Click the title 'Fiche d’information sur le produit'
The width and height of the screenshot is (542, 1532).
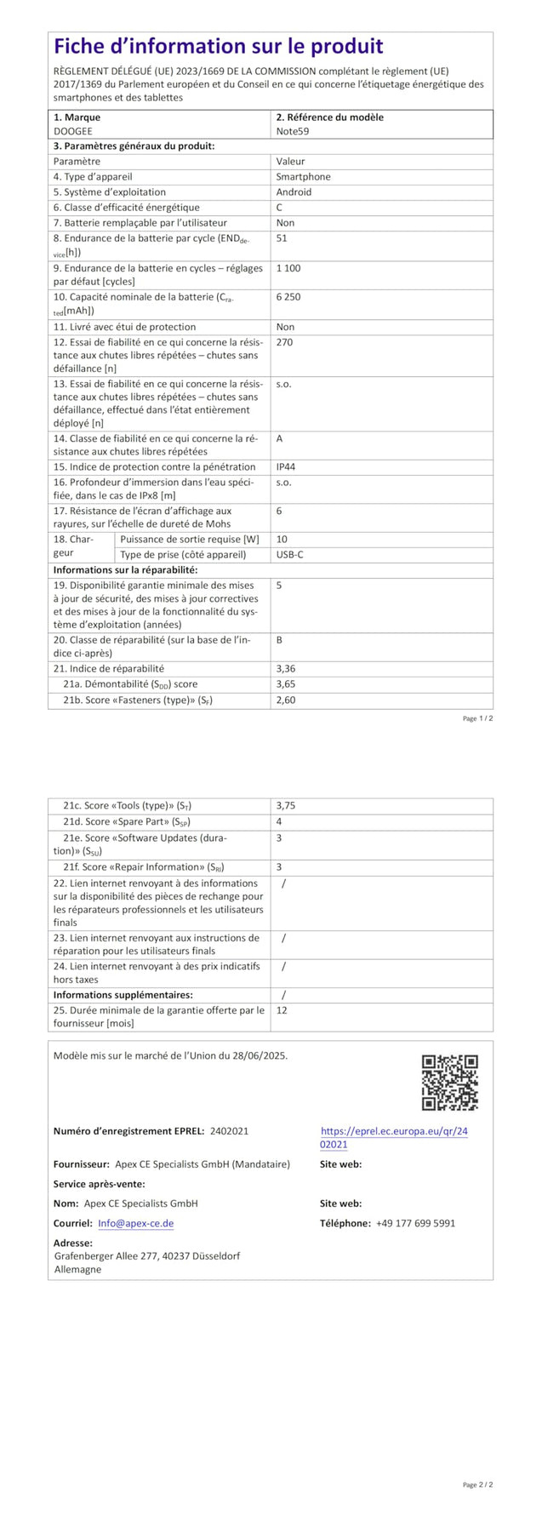(219, 47)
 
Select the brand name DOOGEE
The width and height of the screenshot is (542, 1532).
(73, 132)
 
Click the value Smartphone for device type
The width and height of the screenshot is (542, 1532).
(303, 177)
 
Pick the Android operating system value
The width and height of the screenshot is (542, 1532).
(294, 192)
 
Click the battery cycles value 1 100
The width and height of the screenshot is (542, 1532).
(288, 268)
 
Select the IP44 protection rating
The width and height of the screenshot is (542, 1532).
(286, 467)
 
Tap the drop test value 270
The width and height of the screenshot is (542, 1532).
(284, 342)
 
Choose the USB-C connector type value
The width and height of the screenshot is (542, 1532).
(290, 555)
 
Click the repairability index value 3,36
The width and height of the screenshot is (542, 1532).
(286, 669)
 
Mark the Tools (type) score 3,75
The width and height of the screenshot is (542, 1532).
(286, 805)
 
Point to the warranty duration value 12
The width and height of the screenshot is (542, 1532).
(282, 1010)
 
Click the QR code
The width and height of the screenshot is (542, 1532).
(449, 1083)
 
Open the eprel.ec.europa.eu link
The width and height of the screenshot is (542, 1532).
(394, 1138)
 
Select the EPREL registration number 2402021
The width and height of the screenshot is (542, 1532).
(229, 1131)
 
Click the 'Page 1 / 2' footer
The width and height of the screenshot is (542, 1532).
(477, 718)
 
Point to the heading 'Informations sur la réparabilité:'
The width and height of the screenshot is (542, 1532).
(125, 570)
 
